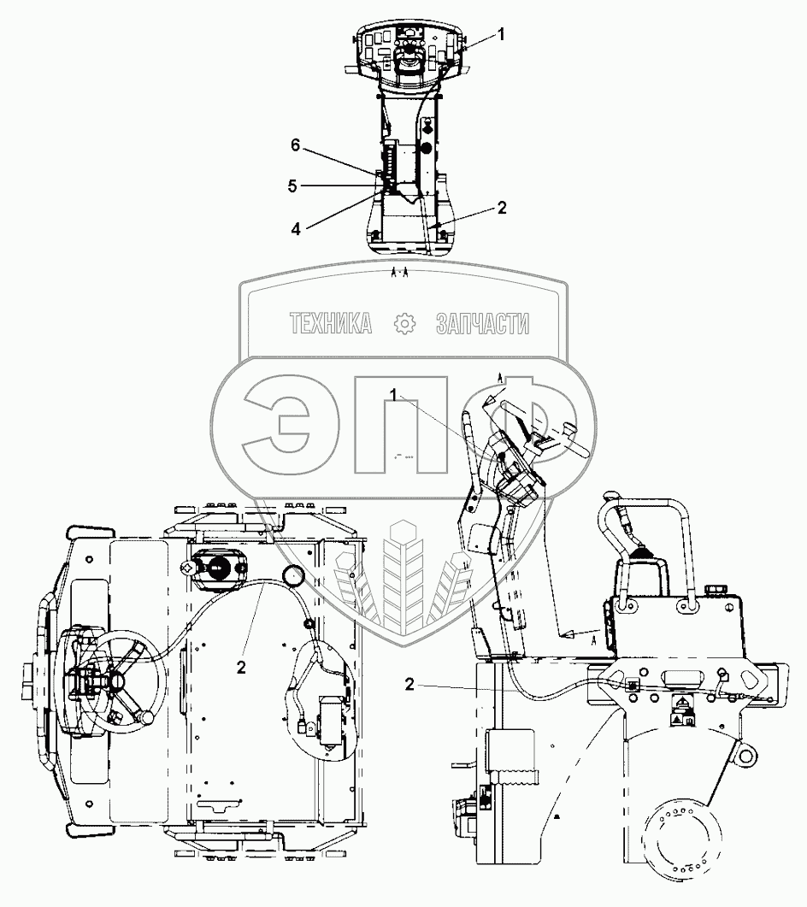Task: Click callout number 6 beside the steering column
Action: point(296,145)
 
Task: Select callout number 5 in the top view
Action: point(292,186)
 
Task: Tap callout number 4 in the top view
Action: point(296,229)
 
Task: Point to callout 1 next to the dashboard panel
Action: point(501,35)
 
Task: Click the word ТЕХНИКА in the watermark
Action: point(330,323)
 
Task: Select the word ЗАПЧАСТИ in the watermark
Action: point(483,323)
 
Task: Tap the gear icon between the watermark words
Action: point(404,323)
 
